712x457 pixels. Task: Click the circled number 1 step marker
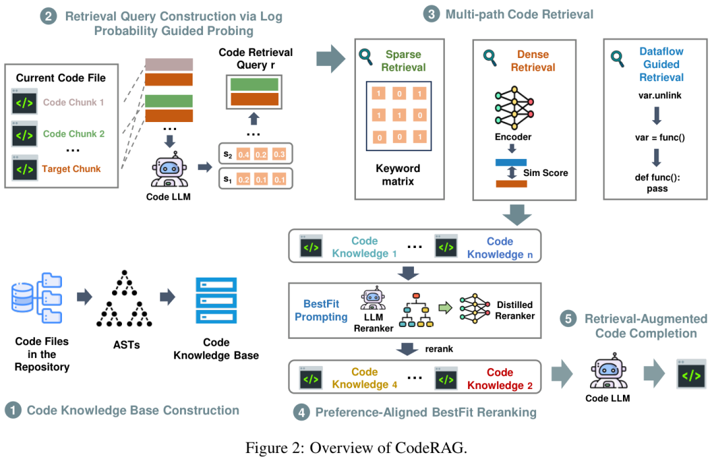click(13, 410)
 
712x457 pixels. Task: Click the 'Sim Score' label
click(545, 173)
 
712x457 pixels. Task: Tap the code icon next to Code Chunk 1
click(24, 102)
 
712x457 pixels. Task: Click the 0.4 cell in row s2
click(243, 154)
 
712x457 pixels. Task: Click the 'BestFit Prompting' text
click(325, 310)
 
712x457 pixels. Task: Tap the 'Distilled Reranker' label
click(515, 311)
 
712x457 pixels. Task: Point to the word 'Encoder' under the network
click(513, 137)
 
